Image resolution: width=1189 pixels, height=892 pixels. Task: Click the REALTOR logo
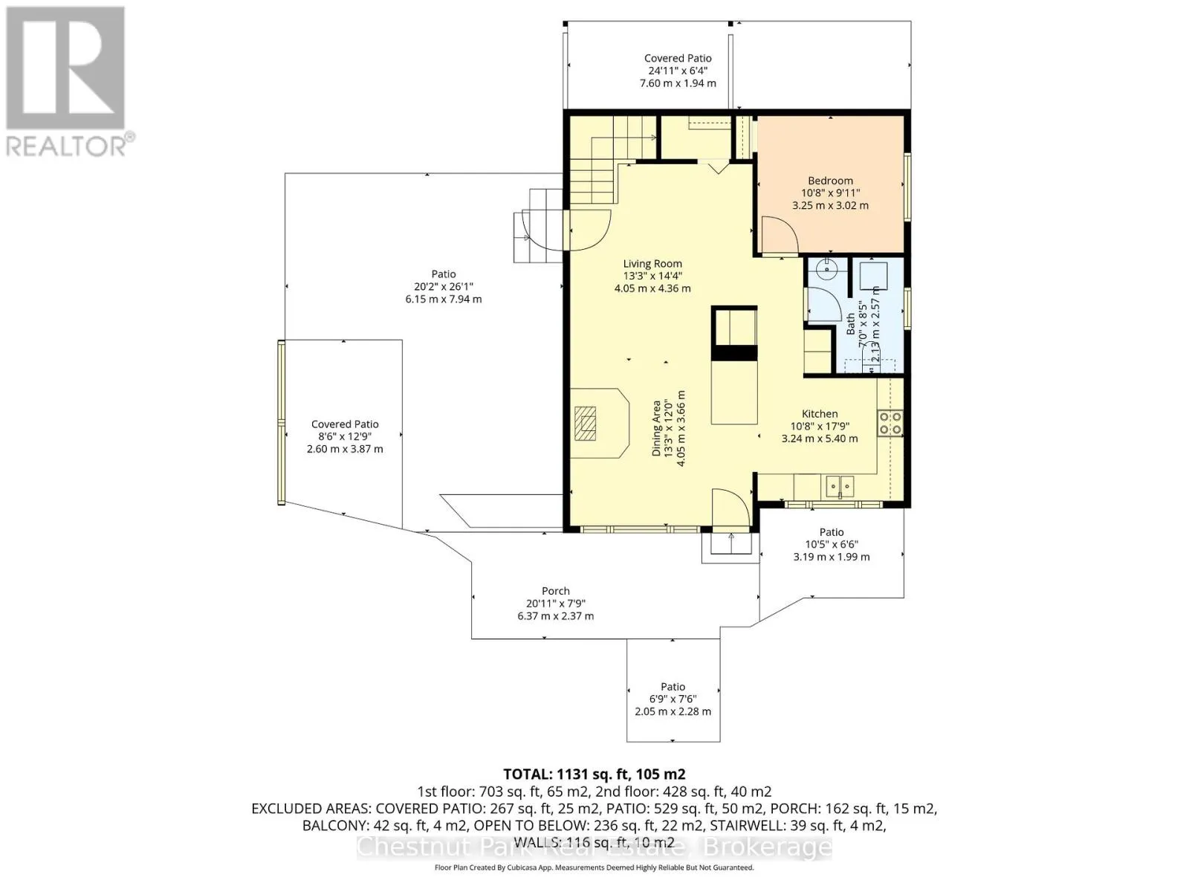coord(69,81)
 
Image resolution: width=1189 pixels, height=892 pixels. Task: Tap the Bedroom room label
coord(830,181)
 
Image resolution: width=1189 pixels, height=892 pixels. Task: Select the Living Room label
coord(652,264)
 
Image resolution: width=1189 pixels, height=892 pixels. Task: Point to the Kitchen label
coord(820,414)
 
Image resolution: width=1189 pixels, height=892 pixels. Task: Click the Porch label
coord(556,591)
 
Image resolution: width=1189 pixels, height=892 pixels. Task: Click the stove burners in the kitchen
coord(890,422)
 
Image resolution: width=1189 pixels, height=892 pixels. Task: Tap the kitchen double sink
coord(840,486)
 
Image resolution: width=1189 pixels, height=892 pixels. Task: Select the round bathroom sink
coord(827,268)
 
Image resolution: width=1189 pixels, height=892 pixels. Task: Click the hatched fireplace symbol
coord(585,424)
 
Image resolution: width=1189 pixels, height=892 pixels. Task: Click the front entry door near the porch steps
coord(730,507)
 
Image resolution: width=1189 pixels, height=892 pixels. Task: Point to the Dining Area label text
coord(657,428)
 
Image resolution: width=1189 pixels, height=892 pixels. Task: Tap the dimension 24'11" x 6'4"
coord(678,71)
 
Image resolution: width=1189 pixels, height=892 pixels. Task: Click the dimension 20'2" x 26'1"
coord(443,286)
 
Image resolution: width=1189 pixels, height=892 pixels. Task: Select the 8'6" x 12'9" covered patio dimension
coord(345,436)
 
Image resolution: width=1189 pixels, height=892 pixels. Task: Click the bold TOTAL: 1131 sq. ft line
coord(594,774)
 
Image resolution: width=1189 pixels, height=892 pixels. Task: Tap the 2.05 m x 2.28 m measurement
coord(673,711)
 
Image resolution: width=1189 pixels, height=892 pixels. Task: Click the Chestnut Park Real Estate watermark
coord(594,847)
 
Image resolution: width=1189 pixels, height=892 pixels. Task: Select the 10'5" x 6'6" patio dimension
coord(832,544)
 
